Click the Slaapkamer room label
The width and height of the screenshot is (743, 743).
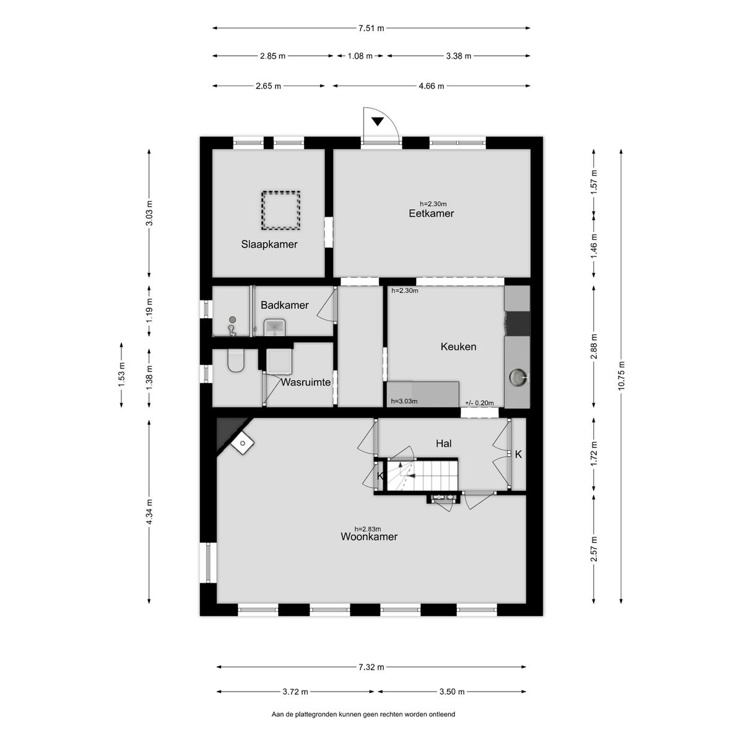tap(269, 245)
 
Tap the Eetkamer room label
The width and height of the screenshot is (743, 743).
tap(431, 213)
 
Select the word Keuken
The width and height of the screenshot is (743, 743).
tap(458, 347)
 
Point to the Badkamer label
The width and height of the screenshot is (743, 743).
tap(285, 305)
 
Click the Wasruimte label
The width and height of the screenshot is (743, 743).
tap(305, 382)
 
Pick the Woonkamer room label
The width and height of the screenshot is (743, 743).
tap(369, 536)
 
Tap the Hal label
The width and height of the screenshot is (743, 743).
tap(443, 443)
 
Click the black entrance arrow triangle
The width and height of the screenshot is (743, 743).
tap(378, 122)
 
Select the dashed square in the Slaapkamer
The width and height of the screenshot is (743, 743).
tap(280, 211)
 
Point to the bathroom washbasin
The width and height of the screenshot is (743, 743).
tap(274, 327)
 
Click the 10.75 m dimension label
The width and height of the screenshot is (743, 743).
tap(620, 376)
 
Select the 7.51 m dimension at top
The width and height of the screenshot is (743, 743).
tap(371, 28)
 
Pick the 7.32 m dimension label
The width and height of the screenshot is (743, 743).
tap(371, 667)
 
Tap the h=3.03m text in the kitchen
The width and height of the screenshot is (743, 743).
tap(404, 401)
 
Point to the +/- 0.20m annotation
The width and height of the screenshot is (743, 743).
tap(479, 403)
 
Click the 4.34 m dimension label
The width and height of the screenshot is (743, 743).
tap(149, 511)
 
